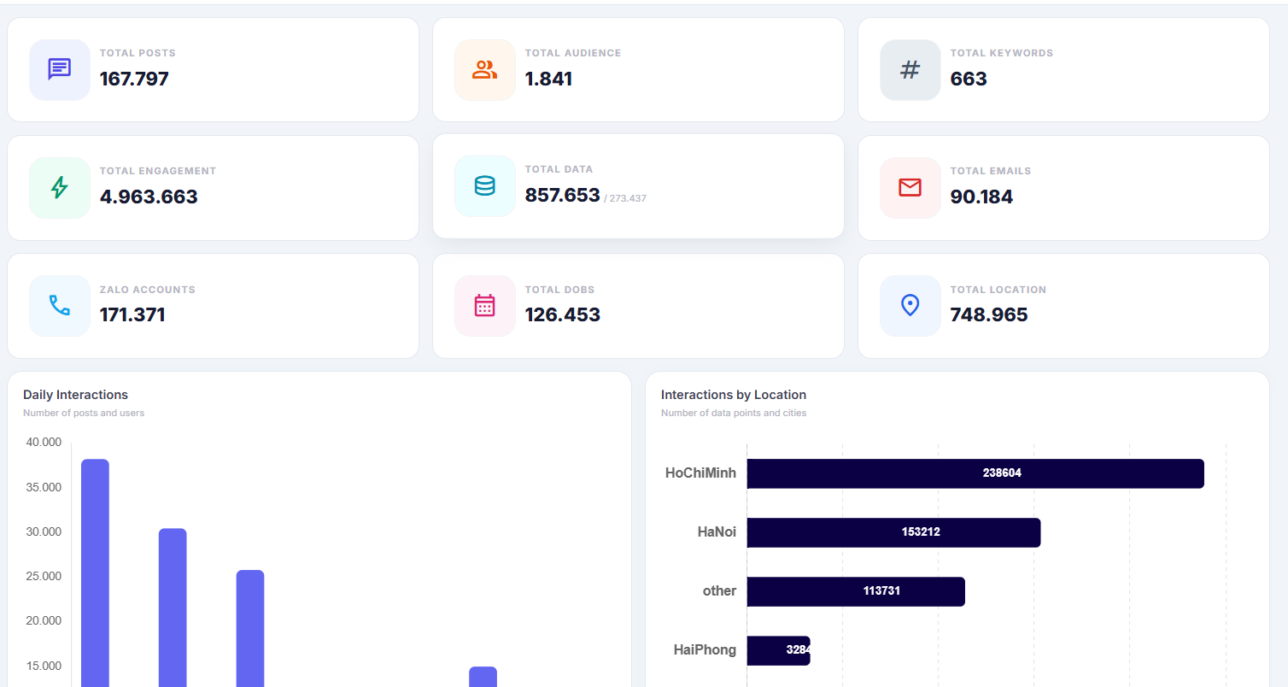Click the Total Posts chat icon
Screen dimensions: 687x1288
59,69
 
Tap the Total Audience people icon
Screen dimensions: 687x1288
484,69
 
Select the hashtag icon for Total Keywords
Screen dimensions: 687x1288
910,69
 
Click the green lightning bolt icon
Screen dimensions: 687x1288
59,187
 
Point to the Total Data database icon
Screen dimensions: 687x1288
484,185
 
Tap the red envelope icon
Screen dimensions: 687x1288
910,187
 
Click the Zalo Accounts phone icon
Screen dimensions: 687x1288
59,305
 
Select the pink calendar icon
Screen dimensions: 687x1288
484,305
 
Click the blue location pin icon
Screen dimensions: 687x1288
910,305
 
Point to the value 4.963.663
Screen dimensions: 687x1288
149,197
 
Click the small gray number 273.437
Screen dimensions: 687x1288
627,198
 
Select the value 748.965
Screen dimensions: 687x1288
989,314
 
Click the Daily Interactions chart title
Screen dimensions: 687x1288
75,395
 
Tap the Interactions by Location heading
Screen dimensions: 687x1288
733,395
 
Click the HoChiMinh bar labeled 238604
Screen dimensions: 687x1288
975,473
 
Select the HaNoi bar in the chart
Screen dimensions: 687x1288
893,532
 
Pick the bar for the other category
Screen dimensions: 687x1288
855,591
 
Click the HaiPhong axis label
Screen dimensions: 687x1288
705,650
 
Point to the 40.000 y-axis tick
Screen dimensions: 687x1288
44,442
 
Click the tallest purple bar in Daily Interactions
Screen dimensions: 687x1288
95,572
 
